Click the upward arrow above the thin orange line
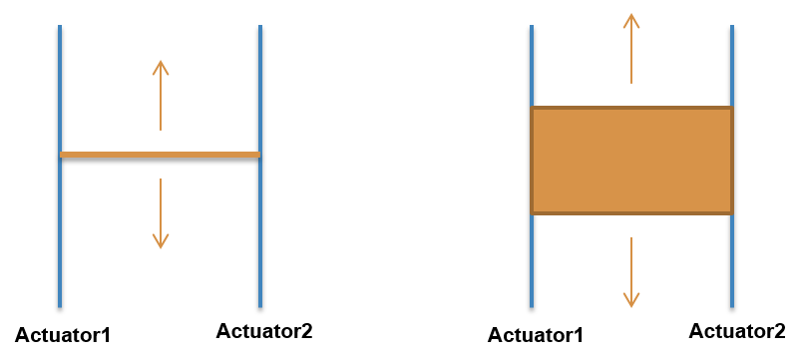[161, 95]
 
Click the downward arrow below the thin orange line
[161, 213]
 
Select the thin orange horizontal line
[160, 155]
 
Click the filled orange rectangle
[631, 161]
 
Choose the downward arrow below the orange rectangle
[631, 272]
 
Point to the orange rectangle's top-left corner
[532, 108]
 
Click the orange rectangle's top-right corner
[732, 108]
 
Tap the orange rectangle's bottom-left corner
[532, 213]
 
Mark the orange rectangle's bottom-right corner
[732, 213]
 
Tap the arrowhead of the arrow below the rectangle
[631, 302]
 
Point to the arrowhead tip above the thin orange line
[161, 62]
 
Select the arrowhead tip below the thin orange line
[161, 246]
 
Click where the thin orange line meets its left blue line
[61, 155]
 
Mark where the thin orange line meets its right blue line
[259, 155]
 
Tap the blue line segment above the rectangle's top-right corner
[732, 65]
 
